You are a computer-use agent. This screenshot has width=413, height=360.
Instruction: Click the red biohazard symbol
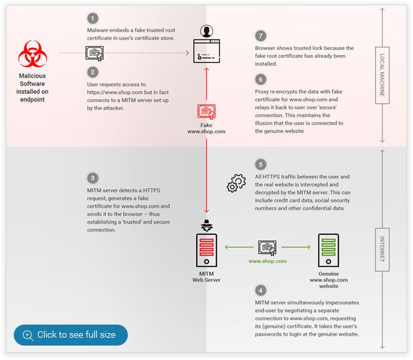tap(33, 54)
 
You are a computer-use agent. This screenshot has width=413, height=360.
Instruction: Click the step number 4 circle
tap(260, 290)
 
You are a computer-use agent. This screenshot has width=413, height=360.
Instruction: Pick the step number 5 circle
tap(260, 165)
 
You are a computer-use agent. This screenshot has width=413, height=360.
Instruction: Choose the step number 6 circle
tap(260, 79)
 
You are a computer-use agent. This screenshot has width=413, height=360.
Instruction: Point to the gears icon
tap(235, 183)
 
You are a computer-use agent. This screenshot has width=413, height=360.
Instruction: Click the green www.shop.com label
tap(267, 261)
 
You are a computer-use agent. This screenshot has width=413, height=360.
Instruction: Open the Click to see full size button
tap(71, 334)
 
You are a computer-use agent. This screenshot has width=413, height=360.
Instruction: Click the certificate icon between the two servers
tap(267, 247)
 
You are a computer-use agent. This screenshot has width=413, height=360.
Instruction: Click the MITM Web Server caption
tap(206, 276)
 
